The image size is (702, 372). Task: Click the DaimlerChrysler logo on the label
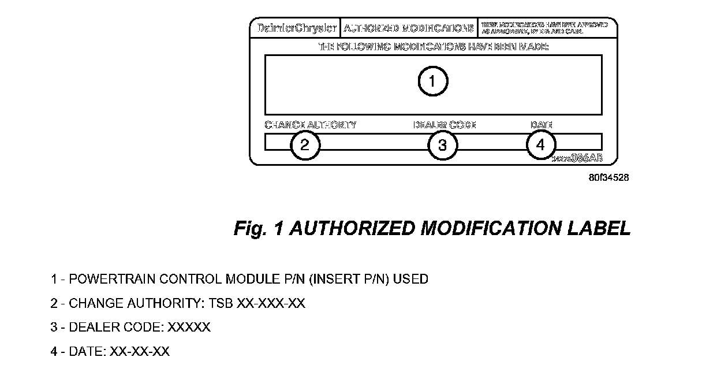[294, 28]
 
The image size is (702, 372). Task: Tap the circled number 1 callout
[432, 82]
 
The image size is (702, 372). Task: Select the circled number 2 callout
[305, 145]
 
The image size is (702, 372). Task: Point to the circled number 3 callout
[442, 145]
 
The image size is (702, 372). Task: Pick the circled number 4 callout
[541, 145]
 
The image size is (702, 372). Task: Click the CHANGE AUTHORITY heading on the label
[310, 125]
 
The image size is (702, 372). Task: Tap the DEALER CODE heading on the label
[444, 125]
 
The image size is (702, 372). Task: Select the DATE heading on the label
[542, 125]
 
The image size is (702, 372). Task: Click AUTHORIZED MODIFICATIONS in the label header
[409, 28]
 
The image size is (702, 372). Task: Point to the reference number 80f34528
[609, 178]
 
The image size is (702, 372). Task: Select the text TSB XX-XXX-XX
[271, 303]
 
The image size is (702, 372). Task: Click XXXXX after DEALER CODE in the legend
[189, 328]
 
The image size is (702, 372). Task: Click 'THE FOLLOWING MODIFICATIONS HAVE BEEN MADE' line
[434, 47]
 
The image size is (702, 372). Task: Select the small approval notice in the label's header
[544, 28]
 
